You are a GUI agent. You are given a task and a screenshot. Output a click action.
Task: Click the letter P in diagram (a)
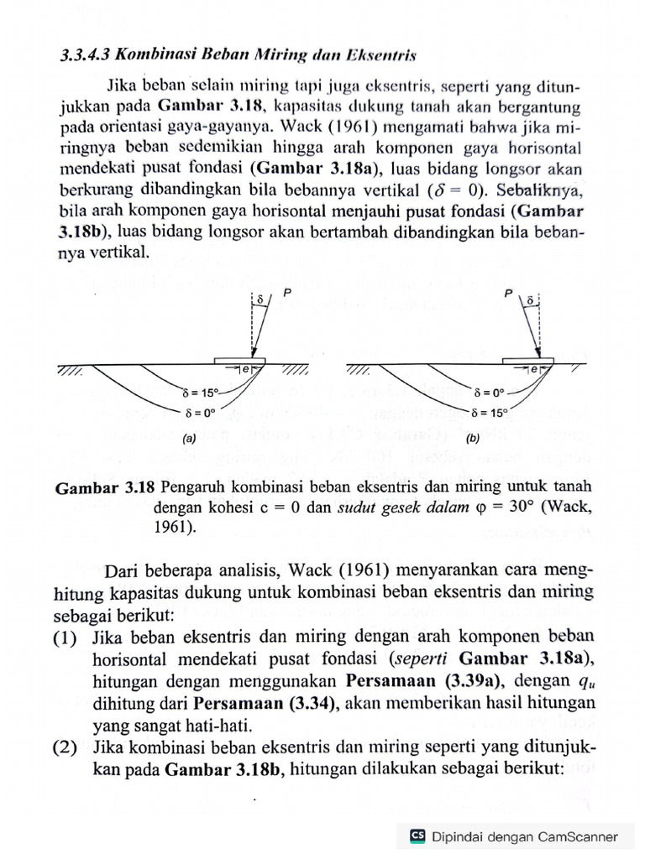pyautogui.click(x=286, y=292)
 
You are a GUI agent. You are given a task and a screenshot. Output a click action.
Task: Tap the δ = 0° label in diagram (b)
pyautogui.click(x=490, y=391)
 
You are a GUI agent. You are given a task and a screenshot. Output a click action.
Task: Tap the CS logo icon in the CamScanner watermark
pyautogui.click(x=417, y=836)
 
